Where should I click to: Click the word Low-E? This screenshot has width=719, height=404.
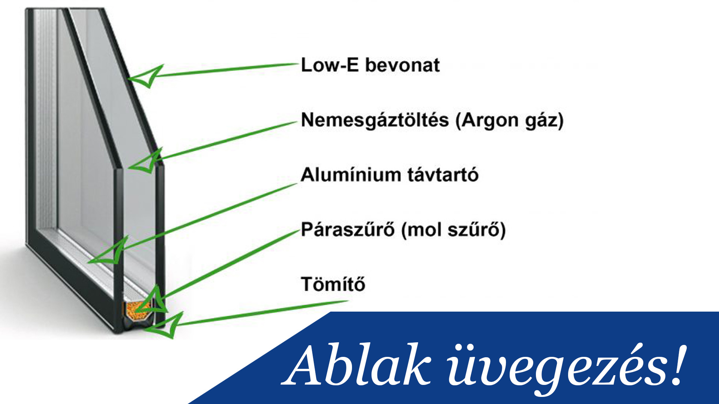(330, 65)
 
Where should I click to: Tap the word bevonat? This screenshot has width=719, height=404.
(402, 65)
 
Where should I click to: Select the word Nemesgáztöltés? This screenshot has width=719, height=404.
(375, 120)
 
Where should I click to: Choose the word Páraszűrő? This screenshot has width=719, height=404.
(348, 229)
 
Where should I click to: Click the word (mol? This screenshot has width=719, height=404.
(421, 230)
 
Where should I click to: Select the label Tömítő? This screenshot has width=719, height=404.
(333, 284)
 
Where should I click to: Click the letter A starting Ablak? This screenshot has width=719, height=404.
(306, 365)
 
